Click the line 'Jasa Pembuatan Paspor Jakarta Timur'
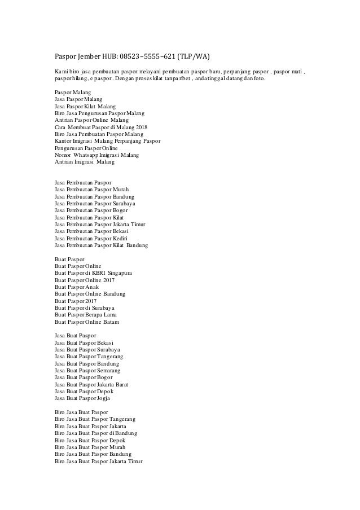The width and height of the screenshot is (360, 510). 100,224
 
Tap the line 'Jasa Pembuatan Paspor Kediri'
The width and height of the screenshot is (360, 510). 91,238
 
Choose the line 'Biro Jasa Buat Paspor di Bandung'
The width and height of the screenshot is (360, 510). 95,433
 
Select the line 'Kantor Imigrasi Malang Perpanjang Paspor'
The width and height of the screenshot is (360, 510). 107,141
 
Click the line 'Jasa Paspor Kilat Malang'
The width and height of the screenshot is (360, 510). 85,106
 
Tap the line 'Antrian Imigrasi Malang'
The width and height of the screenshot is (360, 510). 84,162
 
